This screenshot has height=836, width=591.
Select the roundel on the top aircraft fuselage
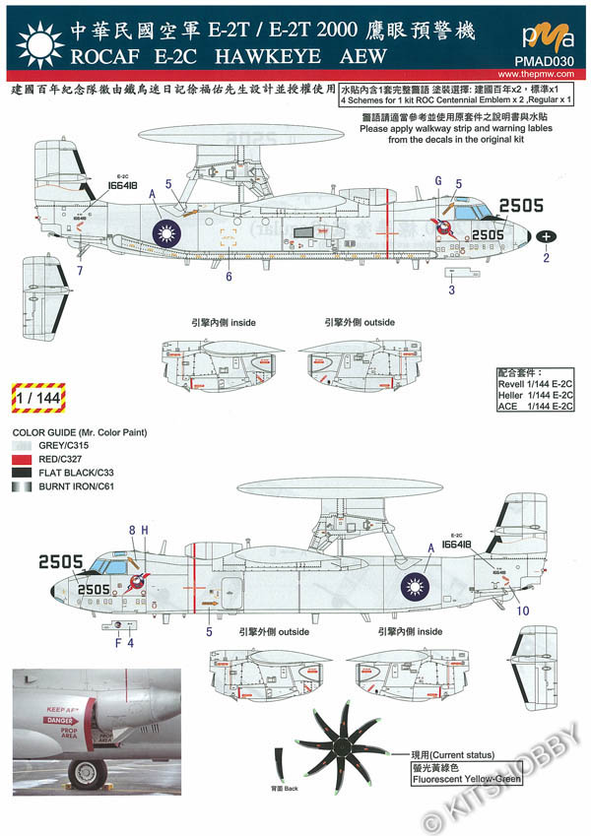pyautogui.click(x=168, y=233)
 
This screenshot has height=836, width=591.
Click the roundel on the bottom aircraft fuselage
pyautogui.click(x=413, y=588)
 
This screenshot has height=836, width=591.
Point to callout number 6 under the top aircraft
pyautogui.click(x=228, y=277)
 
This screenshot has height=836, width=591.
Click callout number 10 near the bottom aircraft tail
pyautogui.click(x=522, y=611)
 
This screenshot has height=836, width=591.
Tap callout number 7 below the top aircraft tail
pyautogui.click(x=79, y=269)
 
